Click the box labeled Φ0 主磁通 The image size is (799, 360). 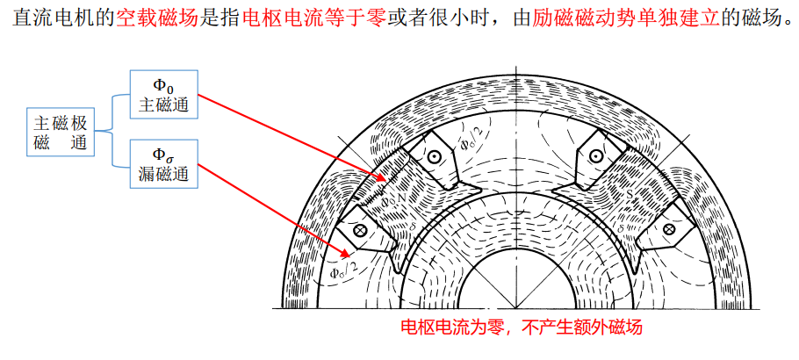point(163,95)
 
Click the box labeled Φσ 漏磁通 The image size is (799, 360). point(163,164)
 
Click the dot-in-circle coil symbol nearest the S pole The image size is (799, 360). point(595,156)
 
